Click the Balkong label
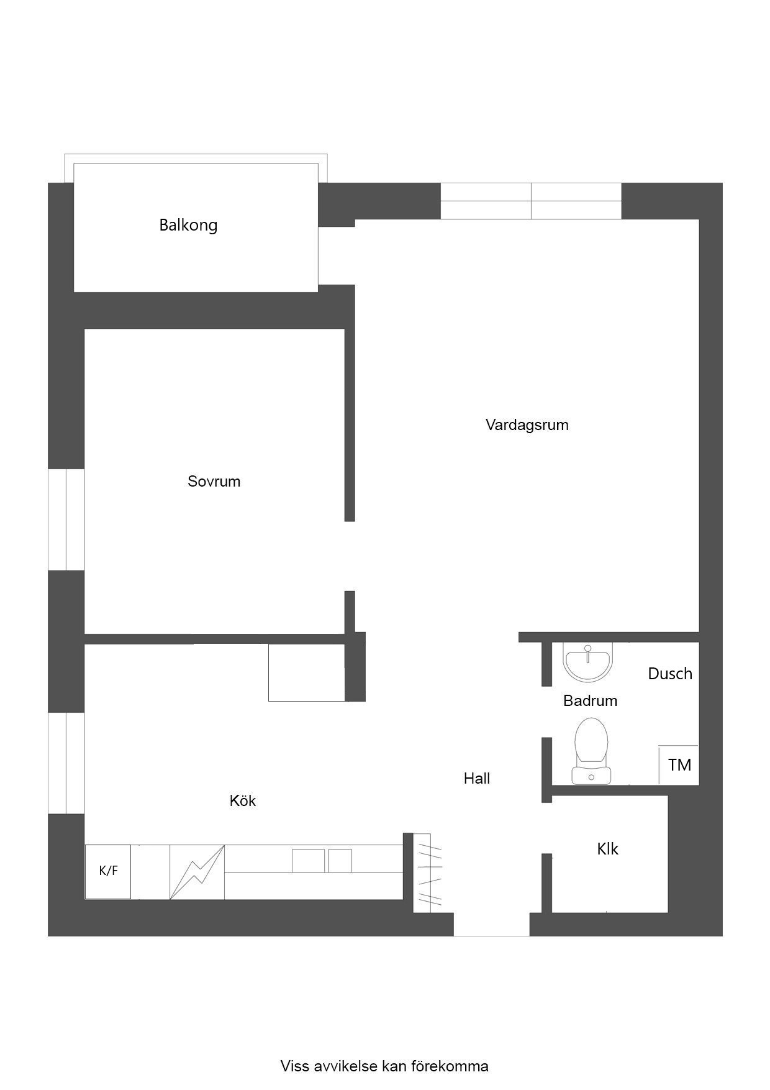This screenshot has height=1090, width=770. pyautogui.click(x=188, y=225)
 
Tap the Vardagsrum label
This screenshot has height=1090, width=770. pyautogui.click(x=527, y=425)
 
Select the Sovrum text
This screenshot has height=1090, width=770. pyautogui.click(x=214, y=481)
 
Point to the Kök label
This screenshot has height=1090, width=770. pyautogui.click(x=243, y=800)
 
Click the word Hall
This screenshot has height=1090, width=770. pyautogui.click(x=477, y=778)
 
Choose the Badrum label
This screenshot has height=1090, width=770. pyautogui.click(x=591, y=700)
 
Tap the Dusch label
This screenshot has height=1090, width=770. pyautogui.click(x=670, y=674)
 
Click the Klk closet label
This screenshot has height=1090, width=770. pyautogui.click(x=608, y=849)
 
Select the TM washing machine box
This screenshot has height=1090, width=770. pyautogui.click(x=679, y=764)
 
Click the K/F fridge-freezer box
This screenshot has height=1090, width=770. pyautogui.click(x=108, y=871)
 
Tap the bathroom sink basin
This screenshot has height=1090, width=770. pyautogui.click(x=588, y=661)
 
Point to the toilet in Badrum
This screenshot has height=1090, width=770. pyautogui.click(x=591, y=751)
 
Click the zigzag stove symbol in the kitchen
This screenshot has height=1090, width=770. pyautogui.click(x=197, y=872)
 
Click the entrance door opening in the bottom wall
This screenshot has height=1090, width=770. pyautogui.click(x=492, y=924)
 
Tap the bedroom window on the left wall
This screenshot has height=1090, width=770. pyautogui.click(x=66, y=520)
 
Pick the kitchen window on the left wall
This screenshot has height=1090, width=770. pyautogui.click(x=66, y=763)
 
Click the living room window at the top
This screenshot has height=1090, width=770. pyautogui.click(x=531, y=201)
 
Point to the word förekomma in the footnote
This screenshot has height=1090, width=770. pyautogui.click(x=450, y=1066)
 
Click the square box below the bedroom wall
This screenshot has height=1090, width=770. pyautogui.click(x=307, y=673)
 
